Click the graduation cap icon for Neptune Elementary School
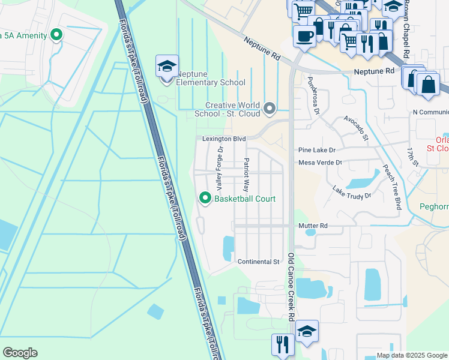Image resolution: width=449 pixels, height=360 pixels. tap(167, 66)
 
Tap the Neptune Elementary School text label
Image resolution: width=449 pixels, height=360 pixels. tap(210, 83)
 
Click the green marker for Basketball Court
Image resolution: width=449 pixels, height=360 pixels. tap(205, 199)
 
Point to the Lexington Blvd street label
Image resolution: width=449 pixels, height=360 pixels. tap(224, 139)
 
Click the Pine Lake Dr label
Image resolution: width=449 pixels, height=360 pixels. tap(318, 150)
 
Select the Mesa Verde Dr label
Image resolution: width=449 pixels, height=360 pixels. tap(320, 163)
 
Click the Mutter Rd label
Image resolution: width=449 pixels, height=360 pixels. tap(313, 226)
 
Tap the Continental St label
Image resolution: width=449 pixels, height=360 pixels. tap(259, 262)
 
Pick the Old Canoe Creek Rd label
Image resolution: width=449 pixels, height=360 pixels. tap(291, 287)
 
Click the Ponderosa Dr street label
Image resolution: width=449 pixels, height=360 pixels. tap(317, 91)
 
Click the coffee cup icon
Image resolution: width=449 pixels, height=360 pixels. tap(304, 35)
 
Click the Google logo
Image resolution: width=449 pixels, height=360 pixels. tap(20, 353)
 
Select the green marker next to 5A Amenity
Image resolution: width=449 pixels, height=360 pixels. tap(57, 35)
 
